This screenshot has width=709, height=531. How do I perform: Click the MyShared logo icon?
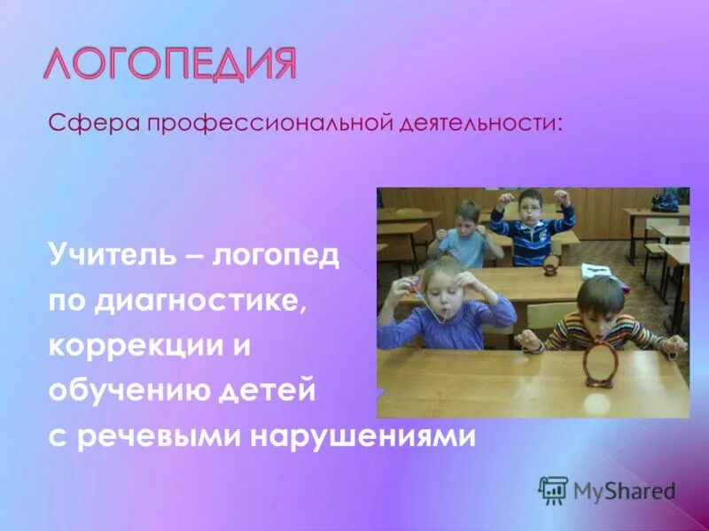[553, 489]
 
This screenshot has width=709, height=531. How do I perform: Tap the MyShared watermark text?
[624, 490]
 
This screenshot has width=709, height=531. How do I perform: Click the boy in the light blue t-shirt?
[468, 232]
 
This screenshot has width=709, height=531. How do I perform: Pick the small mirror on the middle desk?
[550, 264]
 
